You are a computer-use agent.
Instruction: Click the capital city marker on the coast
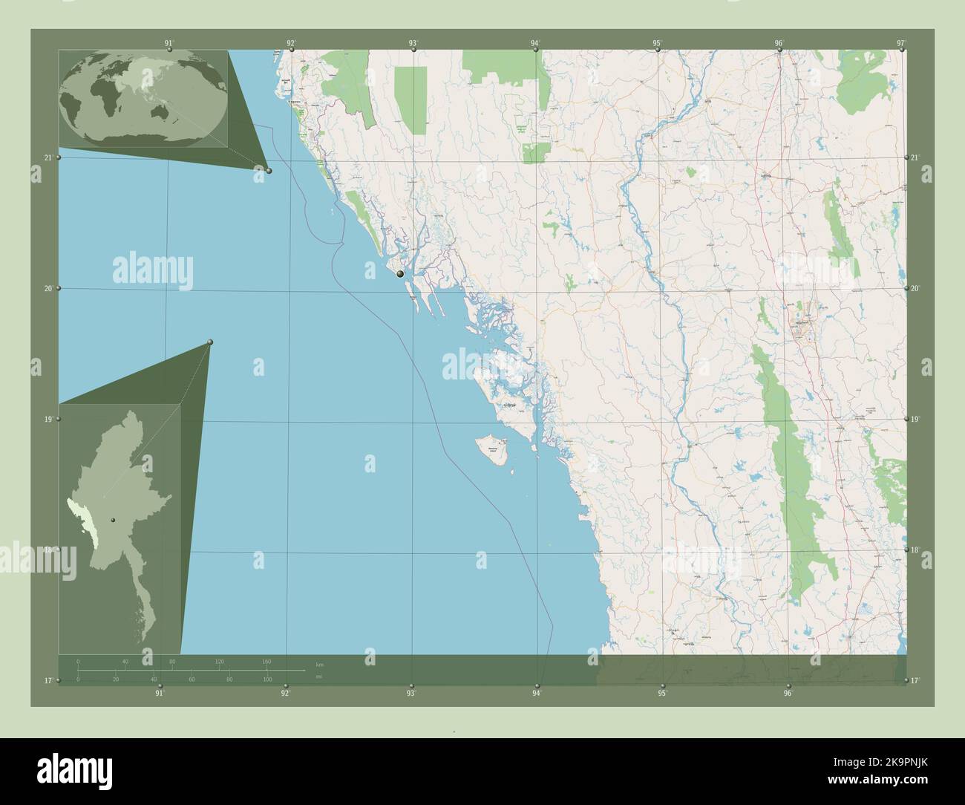click(400, 274)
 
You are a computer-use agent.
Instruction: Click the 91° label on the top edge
click(169, 43)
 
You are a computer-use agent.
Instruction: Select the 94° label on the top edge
click(534, 43)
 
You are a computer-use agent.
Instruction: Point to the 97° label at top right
click(900, 43)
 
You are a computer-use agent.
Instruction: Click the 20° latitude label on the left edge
click(48, 288)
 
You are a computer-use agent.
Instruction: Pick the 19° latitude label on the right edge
click(915, 420)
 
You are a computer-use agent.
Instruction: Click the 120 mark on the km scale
click(219, 661)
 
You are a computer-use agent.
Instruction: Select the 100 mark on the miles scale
click(267, 679)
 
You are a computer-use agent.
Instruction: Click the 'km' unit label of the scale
click(320, 664)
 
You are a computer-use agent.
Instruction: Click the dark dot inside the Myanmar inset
click(113, 520)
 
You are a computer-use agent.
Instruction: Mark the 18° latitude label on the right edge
click(915, 550)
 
